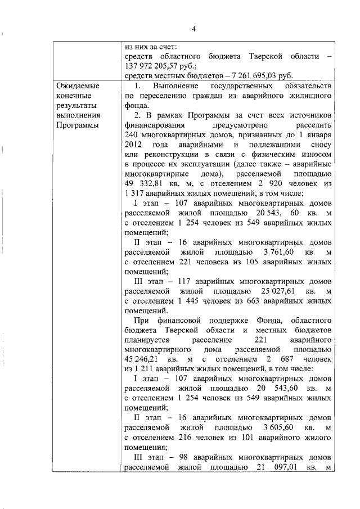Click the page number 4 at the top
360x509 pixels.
193,29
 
